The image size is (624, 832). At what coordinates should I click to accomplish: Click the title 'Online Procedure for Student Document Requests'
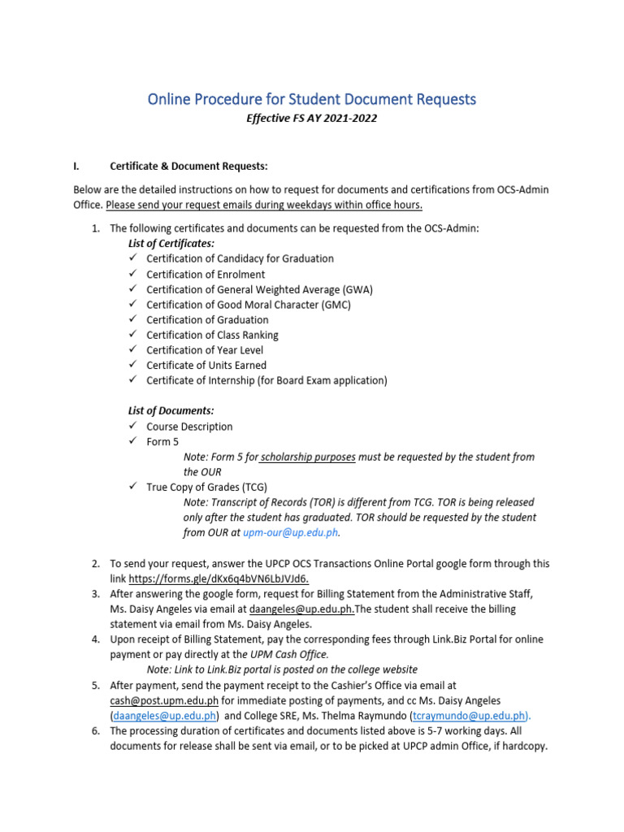point(312,99)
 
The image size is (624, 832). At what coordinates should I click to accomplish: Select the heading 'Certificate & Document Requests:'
point(188,167)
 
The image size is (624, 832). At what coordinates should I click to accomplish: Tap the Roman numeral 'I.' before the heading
point(76,167)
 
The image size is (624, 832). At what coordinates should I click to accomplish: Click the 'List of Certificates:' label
point(171,243)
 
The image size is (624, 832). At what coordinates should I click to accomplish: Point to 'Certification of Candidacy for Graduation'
point(240,258)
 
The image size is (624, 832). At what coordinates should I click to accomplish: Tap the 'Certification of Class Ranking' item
point(212,335)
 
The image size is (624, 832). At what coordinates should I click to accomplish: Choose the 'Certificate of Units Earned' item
point(206,366)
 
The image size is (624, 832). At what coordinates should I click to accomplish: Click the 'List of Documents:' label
point(171,411)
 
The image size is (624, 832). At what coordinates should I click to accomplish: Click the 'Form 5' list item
point(162,442)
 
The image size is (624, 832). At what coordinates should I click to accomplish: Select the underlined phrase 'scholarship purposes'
point(308,457)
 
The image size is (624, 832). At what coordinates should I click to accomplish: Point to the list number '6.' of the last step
point(94,731)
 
